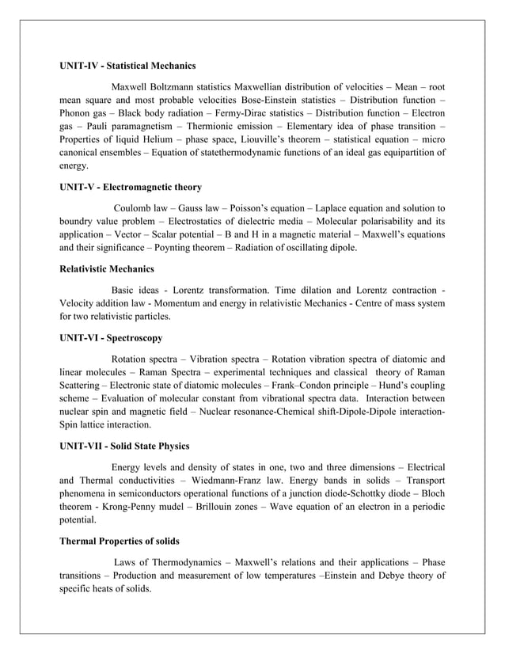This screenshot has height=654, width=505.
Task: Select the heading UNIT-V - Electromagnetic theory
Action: tap(131, 188)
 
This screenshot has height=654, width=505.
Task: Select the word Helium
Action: tap(163, 135)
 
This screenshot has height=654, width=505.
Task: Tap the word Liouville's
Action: tap(275, 135)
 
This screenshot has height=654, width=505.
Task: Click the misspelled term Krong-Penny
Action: tap(129, 505)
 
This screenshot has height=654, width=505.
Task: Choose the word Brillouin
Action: tap(206, 505)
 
